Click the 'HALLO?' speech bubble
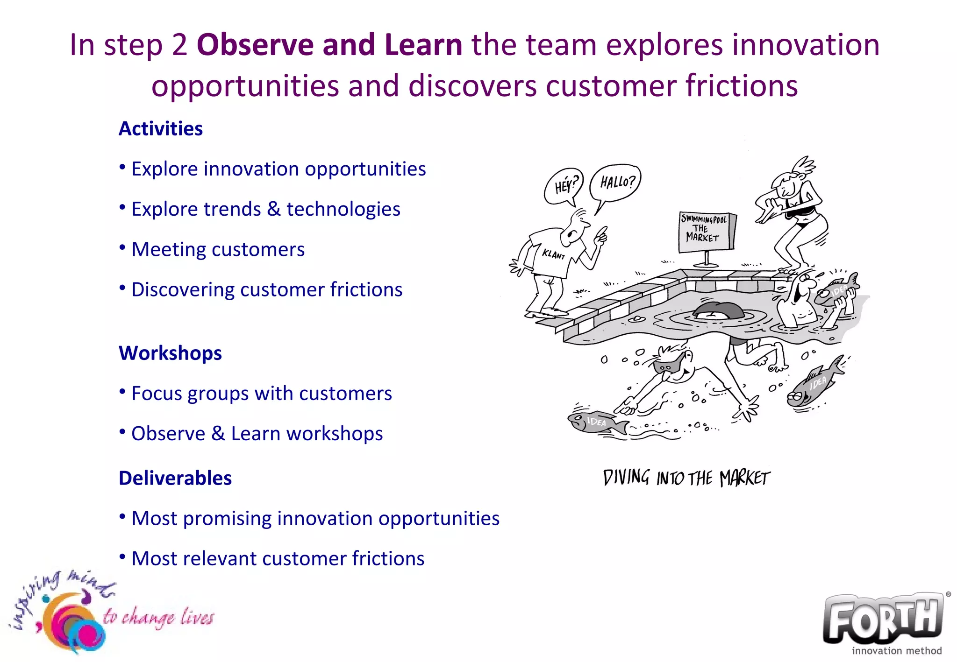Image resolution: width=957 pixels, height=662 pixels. tap(616, 182)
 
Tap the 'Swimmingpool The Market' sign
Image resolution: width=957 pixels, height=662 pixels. tap(706, 231)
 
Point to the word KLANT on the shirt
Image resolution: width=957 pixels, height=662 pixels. tap(553, 254)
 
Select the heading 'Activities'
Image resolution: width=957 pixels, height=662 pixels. tap(160, 129)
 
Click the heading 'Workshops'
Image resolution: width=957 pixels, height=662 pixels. tap(170, 353)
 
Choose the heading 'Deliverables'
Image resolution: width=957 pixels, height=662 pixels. tap(175, 478)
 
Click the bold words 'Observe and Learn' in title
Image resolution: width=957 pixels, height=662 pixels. tap(329, 45)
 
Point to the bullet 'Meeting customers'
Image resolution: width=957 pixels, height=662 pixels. tap(218, 249)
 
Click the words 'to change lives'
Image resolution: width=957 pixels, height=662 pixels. tap(158, 617)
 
